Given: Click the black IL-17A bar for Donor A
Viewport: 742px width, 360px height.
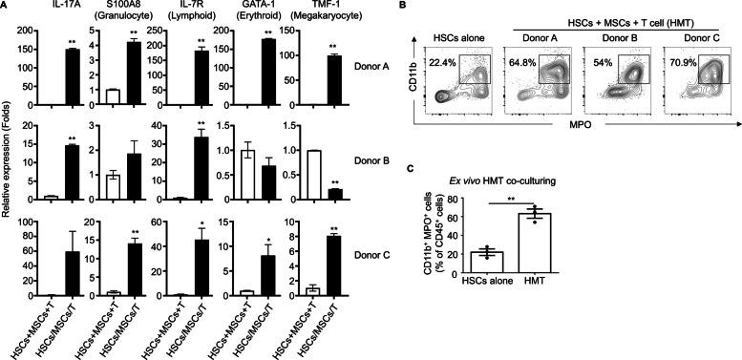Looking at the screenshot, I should click(x=71, y=76).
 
